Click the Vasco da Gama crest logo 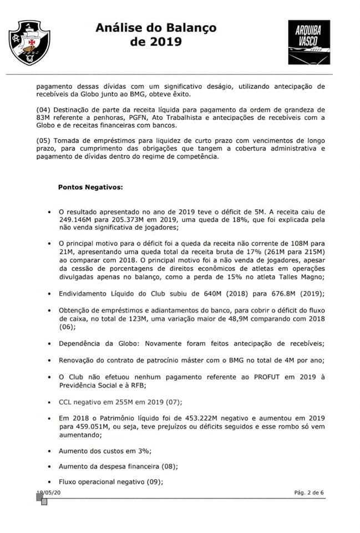(31, 43)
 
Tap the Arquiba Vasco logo (308, 42)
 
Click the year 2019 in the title (165, 42)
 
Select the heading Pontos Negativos (90, 187)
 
